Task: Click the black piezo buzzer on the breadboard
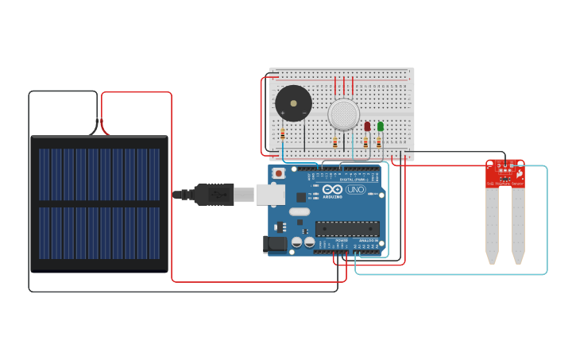pos(293,104)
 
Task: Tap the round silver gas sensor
pos(344,114)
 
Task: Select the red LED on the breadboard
pos(367,126)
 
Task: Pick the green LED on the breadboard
pos(381,126)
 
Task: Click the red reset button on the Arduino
pos(279,173)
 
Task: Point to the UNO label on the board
pos(355,190)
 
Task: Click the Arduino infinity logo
pos(333,191)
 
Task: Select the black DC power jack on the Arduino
pos(275,245)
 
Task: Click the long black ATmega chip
pos(347,229)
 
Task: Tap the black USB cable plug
pos(213,193)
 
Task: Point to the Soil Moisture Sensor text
pos(505,184)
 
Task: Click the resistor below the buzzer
pos(283,134)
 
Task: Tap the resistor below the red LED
pos(365,143)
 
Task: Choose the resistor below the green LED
pos(379,143)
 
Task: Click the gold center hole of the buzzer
pos(293,104)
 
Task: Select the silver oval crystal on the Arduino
pos(299,211)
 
